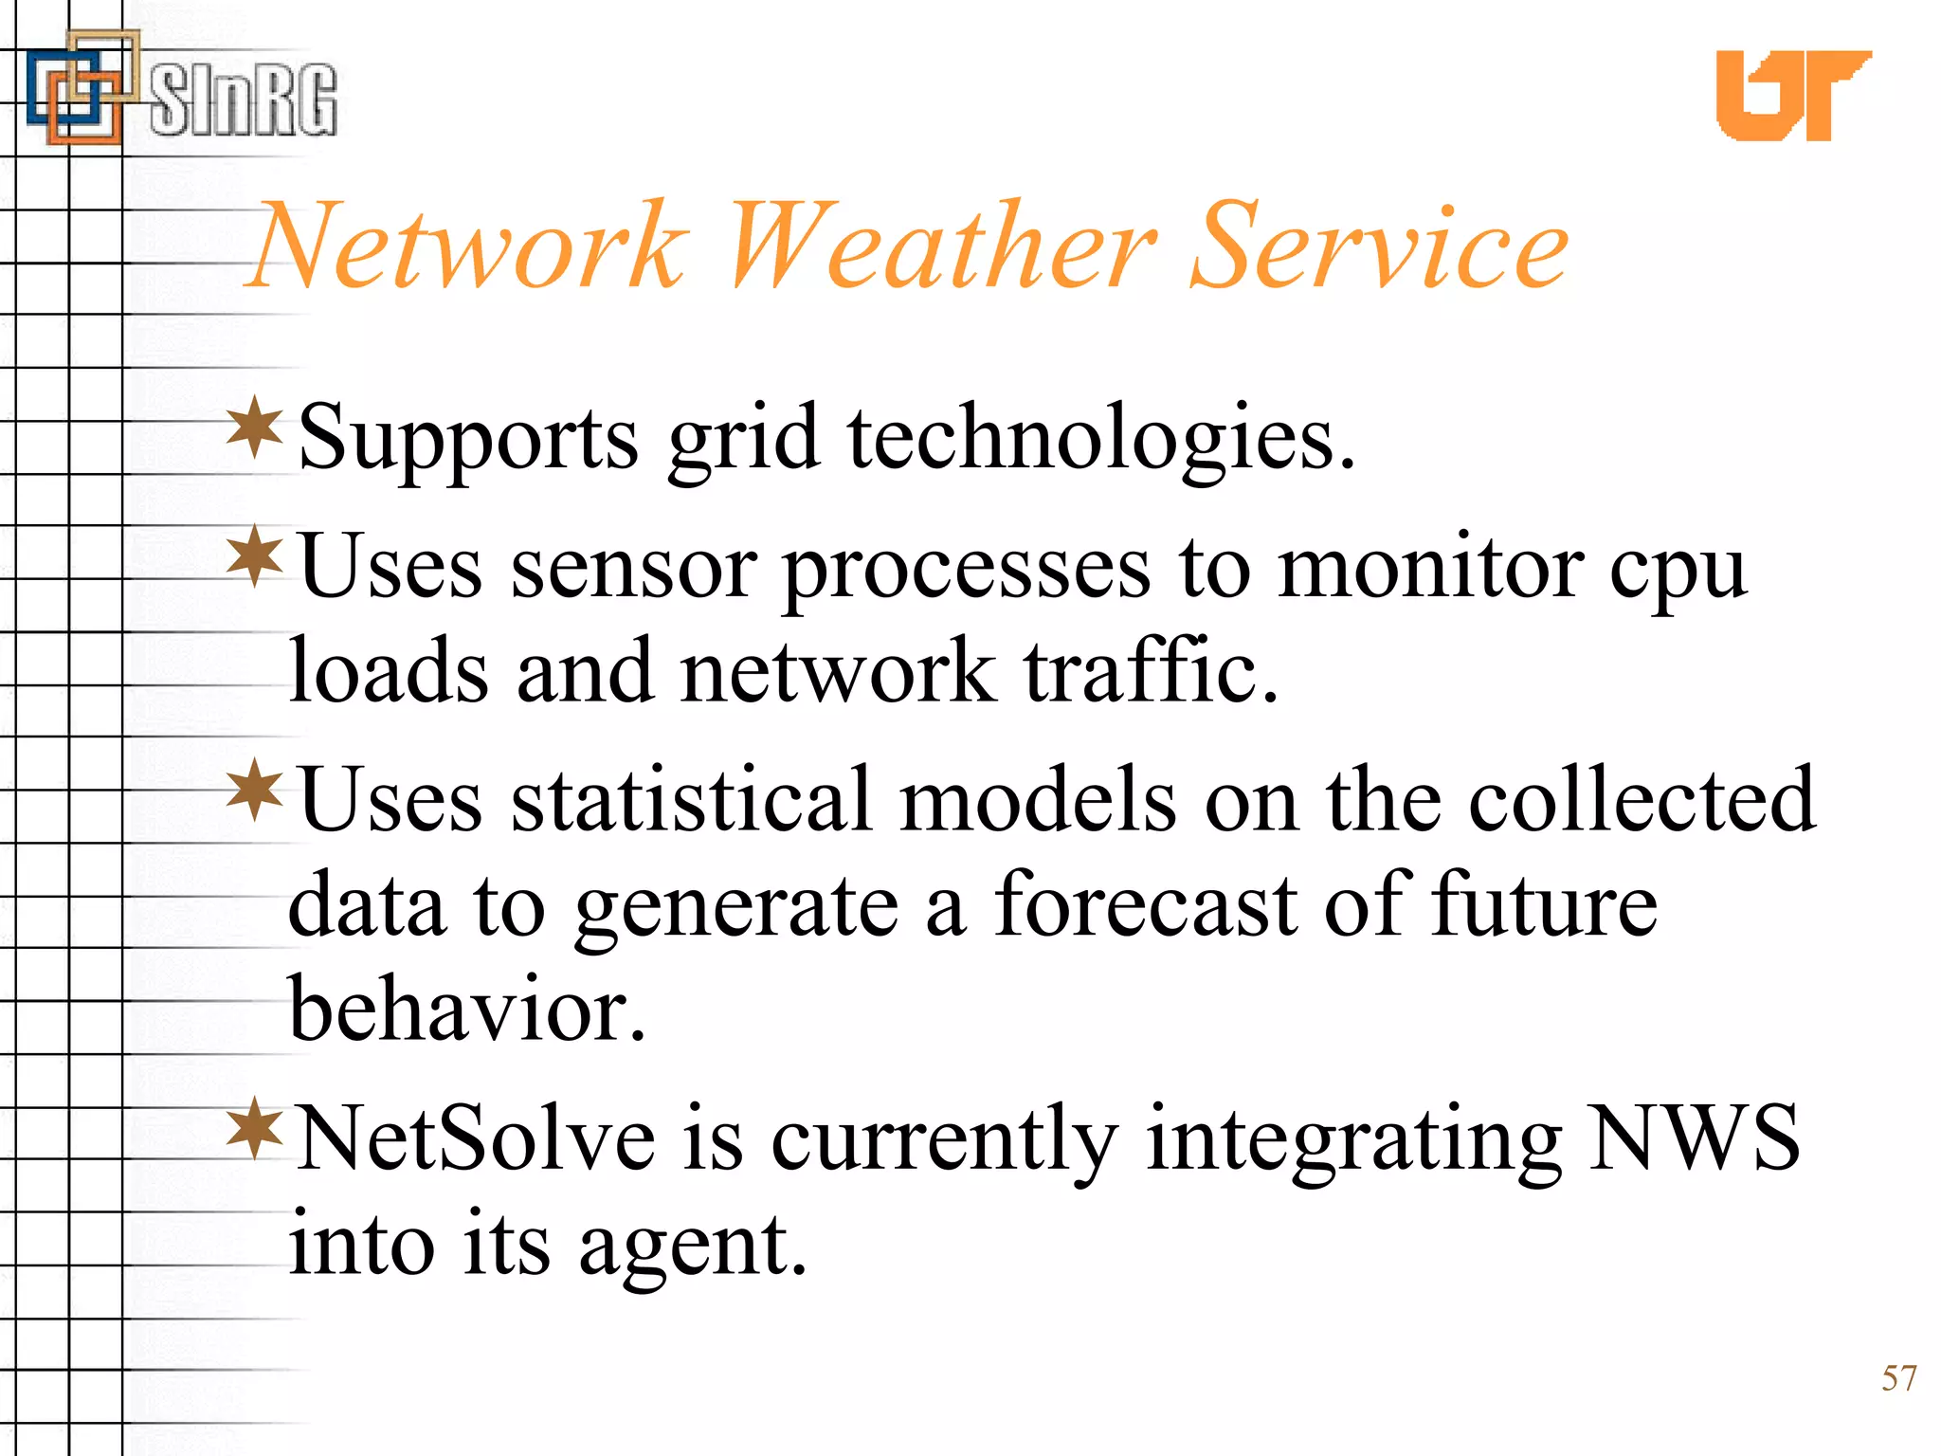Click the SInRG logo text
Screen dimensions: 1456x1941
pyautogui.click(x=243, y=100)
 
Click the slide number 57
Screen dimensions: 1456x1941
pyautogui.click(x=1899, y=1377)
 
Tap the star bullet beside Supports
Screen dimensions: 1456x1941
pyautogui.click(x=255, y=428)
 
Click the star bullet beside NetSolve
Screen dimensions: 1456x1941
pyautogui.click(x=255, y=1127)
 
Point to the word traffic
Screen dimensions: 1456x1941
pyautogui.click(x=1151, y=671)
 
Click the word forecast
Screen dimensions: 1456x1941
pyautogui.click(x=1145, y=905)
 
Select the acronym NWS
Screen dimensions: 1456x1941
pyautogui.click(x=1694, y=1137)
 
